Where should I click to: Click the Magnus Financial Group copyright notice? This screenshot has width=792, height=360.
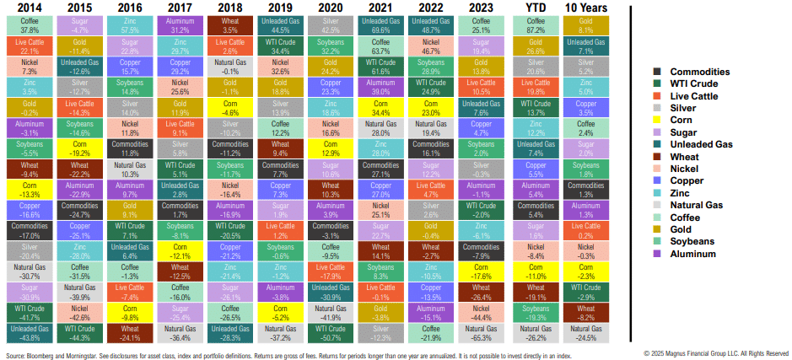click(716, 353)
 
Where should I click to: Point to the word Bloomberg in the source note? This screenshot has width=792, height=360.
click(36, 354)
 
